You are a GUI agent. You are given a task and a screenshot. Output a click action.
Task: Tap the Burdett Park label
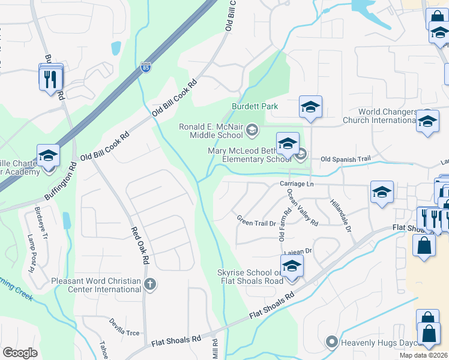point(255,106)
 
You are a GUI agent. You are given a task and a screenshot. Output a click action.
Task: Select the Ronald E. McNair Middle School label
point(214,130)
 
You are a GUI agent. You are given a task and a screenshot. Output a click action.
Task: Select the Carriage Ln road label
point(297,184)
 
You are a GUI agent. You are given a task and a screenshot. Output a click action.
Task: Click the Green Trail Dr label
point(256,221)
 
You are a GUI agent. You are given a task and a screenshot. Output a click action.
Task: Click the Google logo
point(20,353)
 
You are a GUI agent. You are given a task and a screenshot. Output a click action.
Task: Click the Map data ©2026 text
point(423,355)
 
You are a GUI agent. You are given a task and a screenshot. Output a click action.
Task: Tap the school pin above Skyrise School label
point(292,266)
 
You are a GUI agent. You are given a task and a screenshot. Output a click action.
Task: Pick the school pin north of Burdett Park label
point(310,107)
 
